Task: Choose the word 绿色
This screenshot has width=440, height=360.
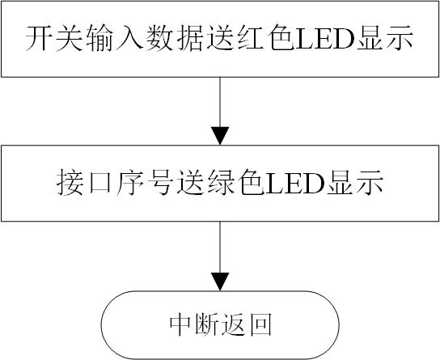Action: tap(218, 184)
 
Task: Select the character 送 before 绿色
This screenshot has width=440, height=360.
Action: tap(177, 184)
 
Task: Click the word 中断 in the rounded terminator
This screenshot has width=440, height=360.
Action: tap(194, 325)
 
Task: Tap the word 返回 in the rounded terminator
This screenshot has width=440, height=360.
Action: tap(246, 325)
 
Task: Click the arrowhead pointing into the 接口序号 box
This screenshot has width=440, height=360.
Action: tap(220, 136)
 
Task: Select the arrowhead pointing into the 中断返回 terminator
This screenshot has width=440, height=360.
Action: tap(220, 282)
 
